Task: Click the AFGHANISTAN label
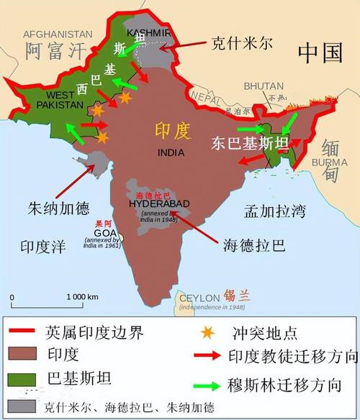58,34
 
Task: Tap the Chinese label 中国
320,52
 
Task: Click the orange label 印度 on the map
172,131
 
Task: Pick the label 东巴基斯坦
251,143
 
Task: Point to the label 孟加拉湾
274,211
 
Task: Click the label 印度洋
42,247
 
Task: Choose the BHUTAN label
263,86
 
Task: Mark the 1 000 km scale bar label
83,296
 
